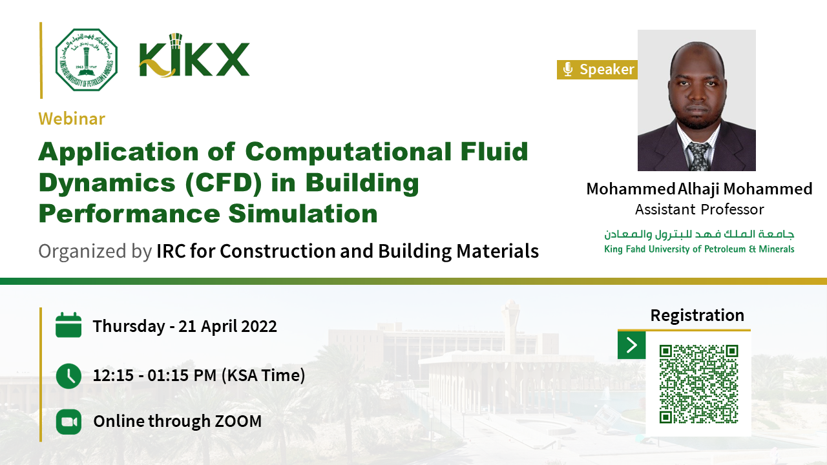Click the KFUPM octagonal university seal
coord(87,60)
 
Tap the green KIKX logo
coord(194,56)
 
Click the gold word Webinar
coord(72,119)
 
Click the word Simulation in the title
coord(303,214)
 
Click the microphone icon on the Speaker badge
coord(568,69)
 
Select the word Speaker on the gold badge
coord(607,69)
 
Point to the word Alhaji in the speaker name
coord(698,189)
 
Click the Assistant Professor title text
coord(699,210)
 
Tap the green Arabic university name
coord(699,234)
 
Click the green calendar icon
coord(68,325)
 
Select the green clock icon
coord(68,376)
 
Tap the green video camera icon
coord(68,422)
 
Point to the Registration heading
coord(697,316)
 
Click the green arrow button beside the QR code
coord(632,345)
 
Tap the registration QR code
coord(698,384)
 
